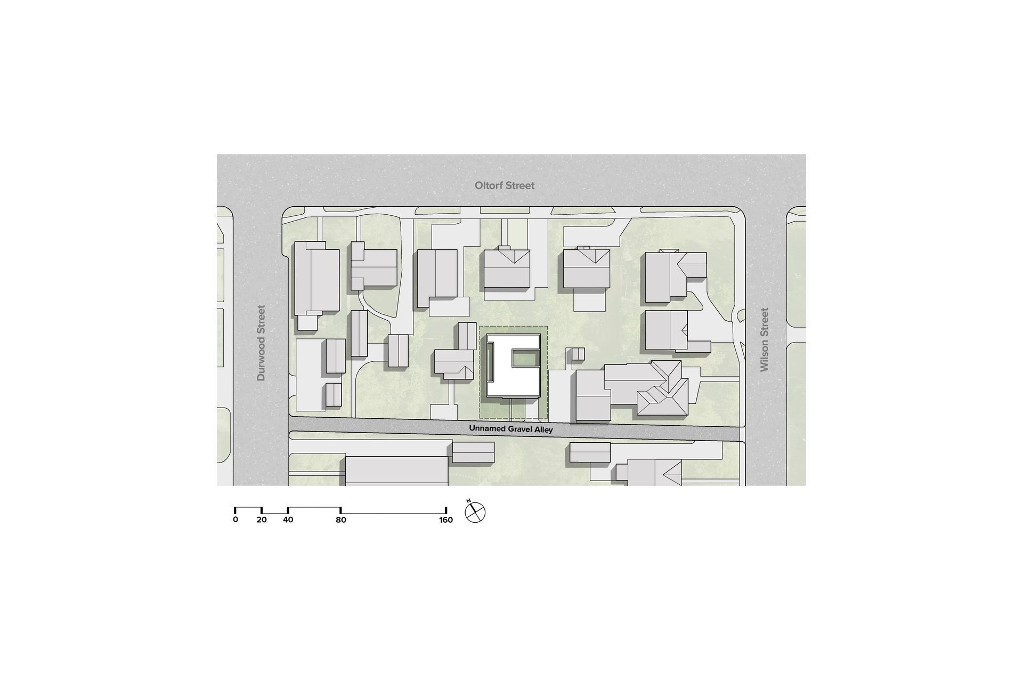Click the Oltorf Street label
505,185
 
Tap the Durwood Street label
261,343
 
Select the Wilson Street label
765,339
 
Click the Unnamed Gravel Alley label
511,429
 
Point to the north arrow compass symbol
475,513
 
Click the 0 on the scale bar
236,519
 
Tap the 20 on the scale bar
261,519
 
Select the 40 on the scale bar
288,519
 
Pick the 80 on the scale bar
341,519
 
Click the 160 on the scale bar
446,519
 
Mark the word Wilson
765,355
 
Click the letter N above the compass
468,501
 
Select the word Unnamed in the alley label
485,428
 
